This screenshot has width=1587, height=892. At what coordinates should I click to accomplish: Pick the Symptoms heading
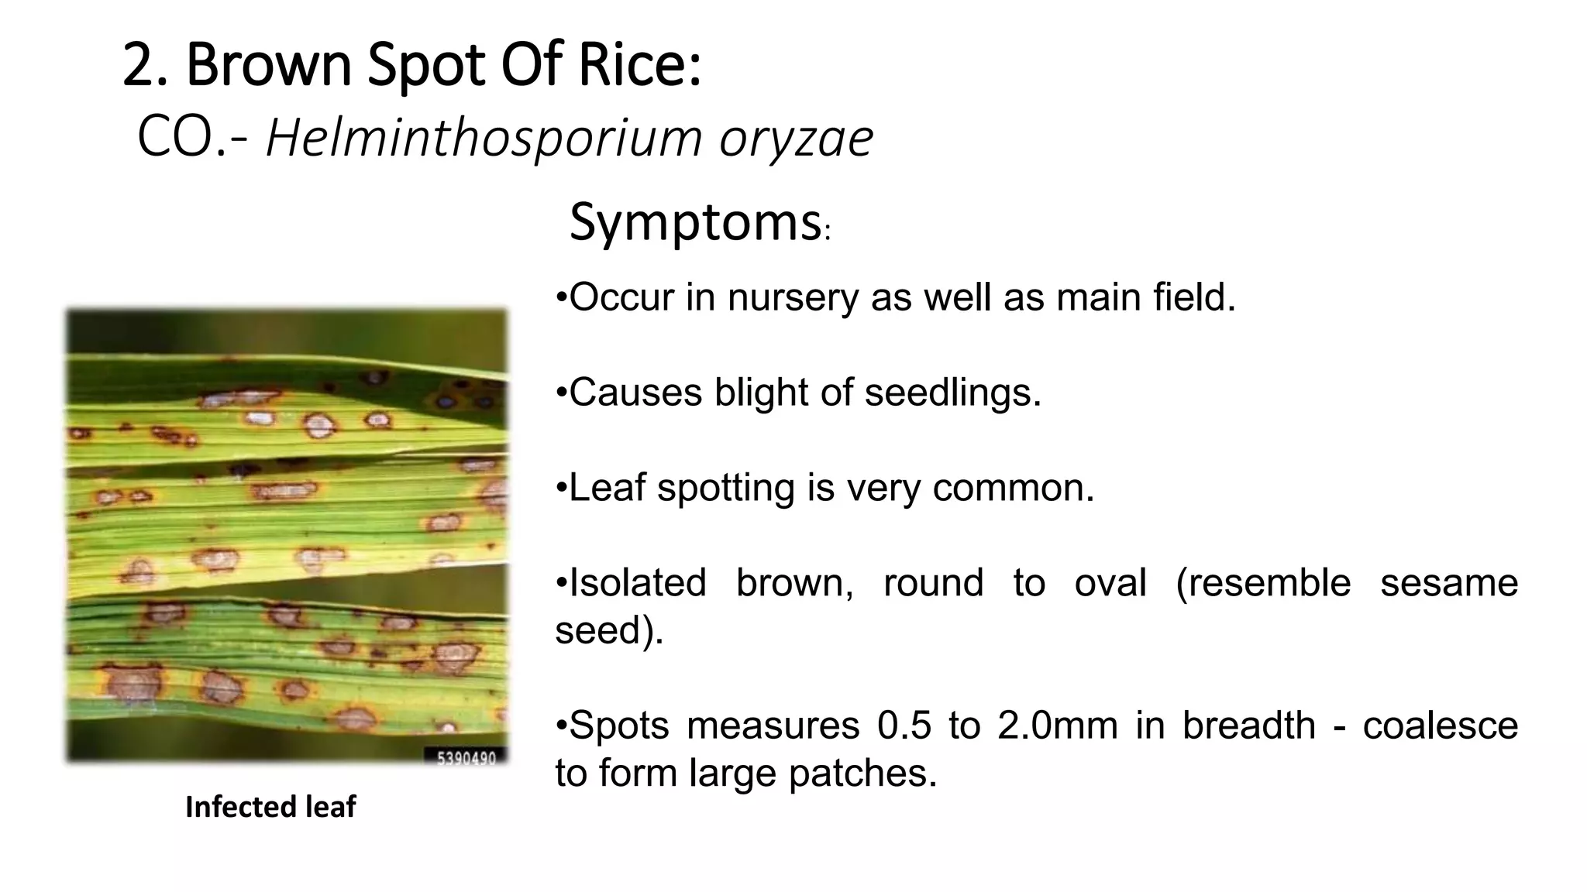696,223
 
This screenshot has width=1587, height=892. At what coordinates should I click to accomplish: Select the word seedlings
952,393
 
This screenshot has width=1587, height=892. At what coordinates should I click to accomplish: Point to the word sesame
1448,582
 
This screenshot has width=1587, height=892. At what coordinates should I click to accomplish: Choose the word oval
1110,582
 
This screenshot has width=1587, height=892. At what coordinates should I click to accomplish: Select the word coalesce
1440,726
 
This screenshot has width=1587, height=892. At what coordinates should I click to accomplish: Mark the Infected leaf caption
270,807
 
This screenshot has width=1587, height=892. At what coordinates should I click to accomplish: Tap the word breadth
1248,726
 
